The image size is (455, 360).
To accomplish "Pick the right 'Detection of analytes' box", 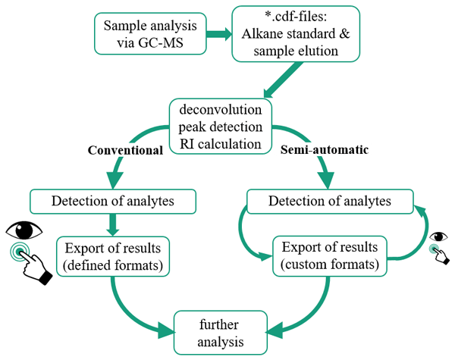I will click(x=330, y=201).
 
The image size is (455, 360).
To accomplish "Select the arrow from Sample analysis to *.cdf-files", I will click(x=217, y=34).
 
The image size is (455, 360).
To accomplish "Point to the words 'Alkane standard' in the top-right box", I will click(x=289, y=34).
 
